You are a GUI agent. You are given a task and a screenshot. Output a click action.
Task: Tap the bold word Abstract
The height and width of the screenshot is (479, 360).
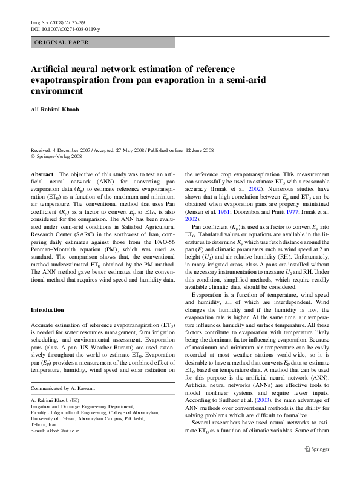tap(41, 174)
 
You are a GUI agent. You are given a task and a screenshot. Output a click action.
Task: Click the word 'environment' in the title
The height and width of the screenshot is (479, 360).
tap(56, 92)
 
